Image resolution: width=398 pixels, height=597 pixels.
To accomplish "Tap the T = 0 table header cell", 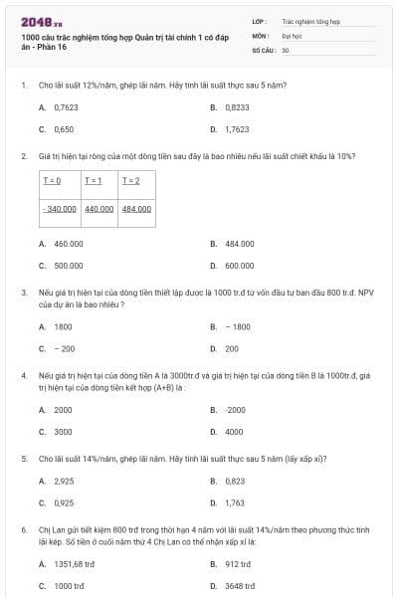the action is coord(52,180).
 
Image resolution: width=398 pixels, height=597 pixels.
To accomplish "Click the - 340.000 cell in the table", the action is coord(60,209).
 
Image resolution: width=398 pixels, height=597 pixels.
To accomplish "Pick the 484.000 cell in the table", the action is coord(136,209).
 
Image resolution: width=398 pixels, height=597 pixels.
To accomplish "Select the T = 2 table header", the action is coord(130,180).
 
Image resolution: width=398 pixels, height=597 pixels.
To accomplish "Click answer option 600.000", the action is coord(240,266).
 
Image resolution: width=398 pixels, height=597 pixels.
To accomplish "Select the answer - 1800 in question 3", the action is coord(238,326).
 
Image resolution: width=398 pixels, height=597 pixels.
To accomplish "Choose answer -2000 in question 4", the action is coord(235,410).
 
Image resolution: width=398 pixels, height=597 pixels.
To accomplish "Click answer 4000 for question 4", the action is coord(234,433).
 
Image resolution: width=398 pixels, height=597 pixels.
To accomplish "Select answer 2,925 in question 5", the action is coord(64,481).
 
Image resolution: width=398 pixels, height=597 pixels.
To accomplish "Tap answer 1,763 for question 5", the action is coord(235,503).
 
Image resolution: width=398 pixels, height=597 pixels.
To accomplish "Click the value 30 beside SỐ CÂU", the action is coord(286,50).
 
